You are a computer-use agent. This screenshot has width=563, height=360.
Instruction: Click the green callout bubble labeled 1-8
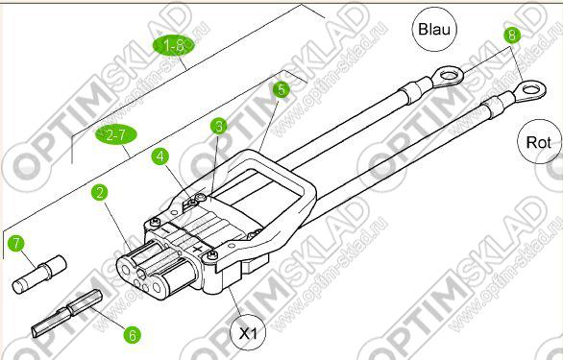pos(174,45)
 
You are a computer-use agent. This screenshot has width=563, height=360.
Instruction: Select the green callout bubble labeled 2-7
pos(115,135)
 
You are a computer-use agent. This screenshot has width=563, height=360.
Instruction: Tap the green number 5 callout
pos(281,89)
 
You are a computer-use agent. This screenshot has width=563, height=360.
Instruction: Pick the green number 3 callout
pos(219,126)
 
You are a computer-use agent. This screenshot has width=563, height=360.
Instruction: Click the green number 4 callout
pos(160,156)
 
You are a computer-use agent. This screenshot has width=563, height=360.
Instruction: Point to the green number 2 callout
pos(100,192)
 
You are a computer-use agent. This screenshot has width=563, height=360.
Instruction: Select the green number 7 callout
pos(15,244)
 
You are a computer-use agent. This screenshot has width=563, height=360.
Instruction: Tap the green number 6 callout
pos(133,335)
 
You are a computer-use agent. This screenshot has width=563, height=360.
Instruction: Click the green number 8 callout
pos(512,36)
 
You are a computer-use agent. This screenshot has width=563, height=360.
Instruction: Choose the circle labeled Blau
pos(434,29)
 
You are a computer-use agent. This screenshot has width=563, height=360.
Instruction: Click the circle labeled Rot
pos(539,142)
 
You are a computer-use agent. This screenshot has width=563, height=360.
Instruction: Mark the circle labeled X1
pos(248,333)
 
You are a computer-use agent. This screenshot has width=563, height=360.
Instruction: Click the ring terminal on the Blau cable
pos(447,76)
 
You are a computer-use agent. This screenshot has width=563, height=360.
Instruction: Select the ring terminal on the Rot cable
pos(529,89)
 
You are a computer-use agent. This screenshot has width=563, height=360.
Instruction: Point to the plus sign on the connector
pos(197,249)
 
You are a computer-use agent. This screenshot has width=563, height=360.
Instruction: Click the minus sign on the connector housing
pos(165,228)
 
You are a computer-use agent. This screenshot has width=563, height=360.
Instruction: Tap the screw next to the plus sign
pos(210,255)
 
